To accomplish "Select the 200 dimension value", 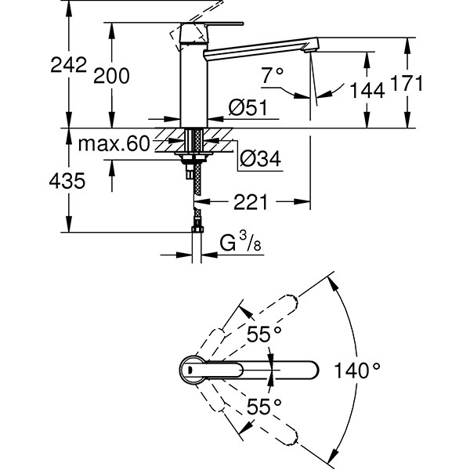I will (x=111, y=75).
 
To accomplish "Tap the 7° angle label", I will (x=272, y=77).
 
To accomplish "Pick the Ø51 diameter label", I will (x=245, y=110).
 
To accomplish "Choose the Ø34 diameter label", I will (x=258, y=158).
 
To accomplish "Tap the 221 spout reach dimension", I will (x=251, y=202).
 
